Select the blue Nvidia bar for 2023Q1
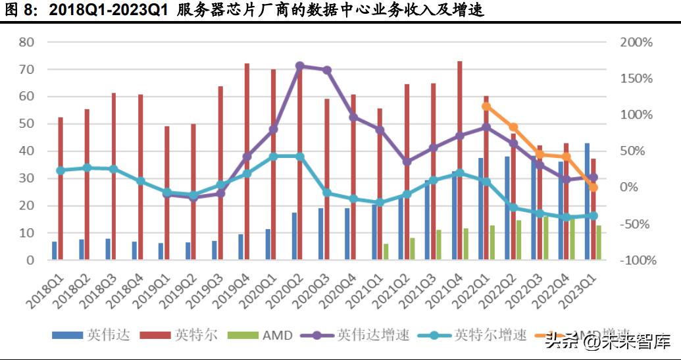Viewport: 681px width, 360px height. pyautogui.click(x=587, y=201)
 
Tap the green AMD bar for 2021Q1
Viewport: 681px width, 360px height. pyautogui.click(x=386, y=252)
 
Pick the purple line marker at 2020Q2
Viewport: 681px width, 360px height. pyautogui.click(x=300, y=66)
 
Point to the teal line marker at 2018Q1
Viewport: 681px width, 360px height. pyautogui.click(x=61, y=170)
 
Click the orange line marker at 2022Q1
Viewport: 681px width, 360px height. pyautogui.click(x=486, y=106)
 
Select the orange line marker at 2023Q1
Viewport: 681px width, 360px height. pyautogui.click(x=593, y=188)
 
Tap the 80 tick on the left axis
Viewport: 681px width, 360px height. pyautogui.click(x=27, y=42)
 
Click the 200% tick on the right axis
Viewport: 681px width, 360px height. pyautogui.click(x=636, y=42)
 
